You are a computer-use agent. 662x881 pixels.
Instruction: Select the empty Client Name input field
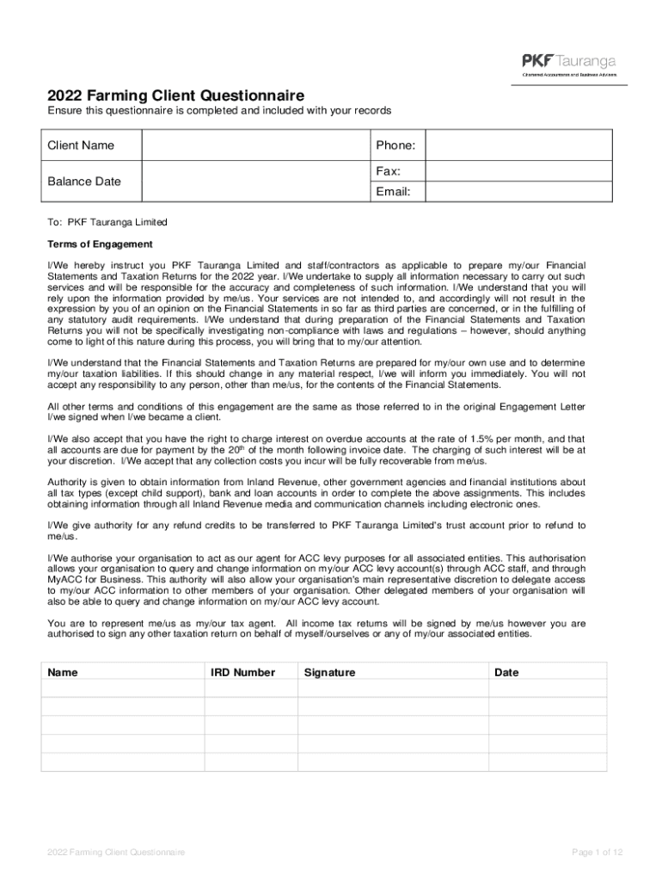click(x=255, y=145)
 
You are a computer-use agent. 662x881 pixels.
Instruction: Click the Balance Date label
click(x=84, y=182)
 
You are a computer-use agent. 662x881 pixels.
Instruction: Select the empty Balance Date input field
click(x=255, y=182)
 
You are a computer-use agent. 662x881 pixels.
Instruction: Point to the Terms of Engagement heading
click(x=100, y=244)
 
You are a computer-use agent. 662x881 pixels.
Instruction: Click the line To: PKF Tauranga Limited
click(x=107, y=222)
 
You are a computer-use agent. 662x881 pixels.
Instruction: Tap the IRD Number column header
click(x=243, y=672)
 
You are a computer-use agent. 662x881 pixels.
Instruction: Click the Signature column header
click(x=329, y=672)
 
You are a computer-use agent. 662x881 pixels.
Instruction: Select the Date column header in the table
click(x=506, y=672)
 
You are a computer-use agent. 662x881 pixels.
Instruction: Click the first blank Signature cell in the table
click(x=392, y=688)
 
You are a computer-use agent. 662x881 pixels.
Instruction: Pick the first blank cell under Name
click(x=122, y=688)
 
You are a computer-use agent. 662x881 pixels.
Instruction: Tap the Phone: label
click(x=395, y=145)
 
